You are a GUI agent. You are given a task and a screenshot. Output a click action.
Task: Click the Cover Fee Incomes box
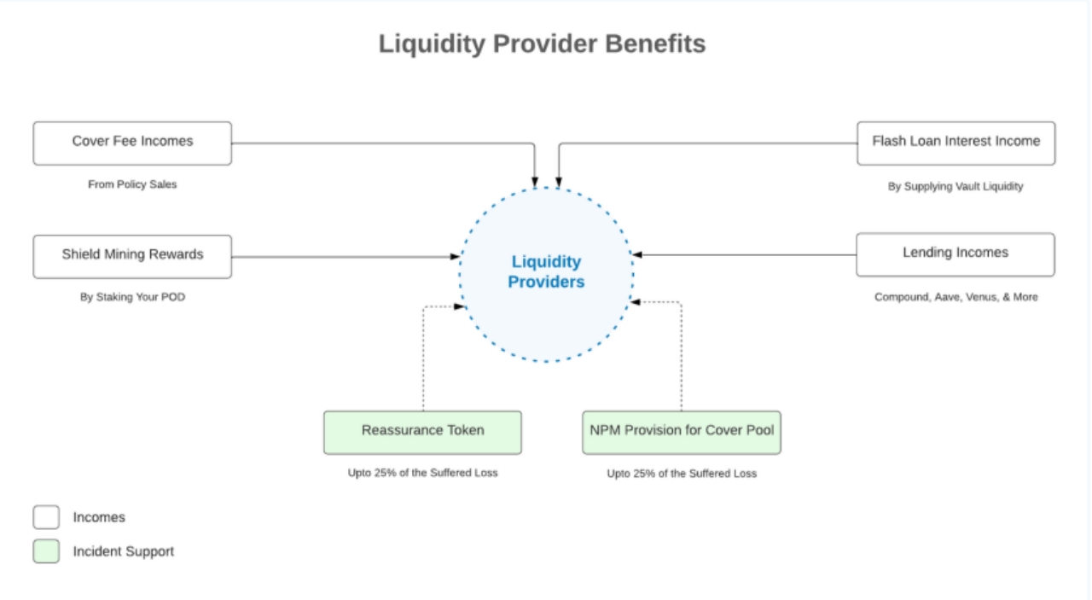point(132,143)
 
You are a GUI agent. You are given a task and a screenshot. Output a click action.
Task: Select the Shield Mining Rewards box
point(132,256)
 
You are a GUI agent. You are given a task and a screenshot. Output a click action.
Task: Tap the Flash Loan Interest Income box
point(955,143)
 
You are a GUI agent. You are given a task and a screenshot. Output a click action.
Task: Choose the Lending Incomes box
point(955,254)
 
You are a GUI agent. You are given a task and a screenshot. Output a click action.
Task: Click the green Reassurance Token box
point(422,432)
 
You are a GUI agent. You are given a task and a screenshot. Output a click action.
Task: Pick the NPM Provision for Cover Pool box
point(682,432)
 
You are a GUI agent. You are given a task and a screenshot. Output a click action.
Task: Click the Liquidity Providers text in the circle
point(546,271)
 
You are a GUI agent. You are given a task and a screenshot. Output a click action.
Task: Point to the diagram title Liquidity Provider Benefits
point(542,44)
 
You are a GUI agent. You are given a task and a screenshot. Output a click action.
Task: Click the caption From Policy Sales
point(132,184)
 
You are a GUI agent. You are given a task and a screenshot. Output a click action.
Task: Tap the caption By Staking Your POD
point(132,298)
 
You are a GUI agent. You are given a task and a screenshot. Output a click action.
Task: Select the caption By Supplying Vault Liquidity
point(955,186)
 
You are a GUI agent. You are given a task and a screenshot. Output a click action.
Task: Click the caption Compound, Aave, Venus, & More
point(955,297)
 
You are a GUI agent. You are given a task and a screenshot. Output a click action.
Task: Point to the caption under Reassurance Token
point(422,473)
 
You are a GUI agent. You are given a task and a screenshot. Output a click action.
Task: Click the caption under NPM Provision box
point(682,474)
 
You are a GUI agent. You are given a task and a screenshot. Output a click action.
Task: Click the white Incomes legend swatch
point(46,517)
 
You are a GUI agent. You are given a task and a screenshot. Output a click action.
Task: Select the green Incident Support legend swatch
point(46,551)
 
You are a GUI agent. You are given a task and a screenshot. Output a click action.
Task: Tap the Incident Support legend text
point(123,551)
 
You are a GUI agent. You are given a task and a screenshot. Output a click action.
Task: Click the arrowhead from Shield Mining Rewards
point(456,256)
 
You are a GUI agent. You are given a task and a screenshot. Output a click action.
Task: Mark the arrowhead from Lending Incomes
point(636,254)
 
